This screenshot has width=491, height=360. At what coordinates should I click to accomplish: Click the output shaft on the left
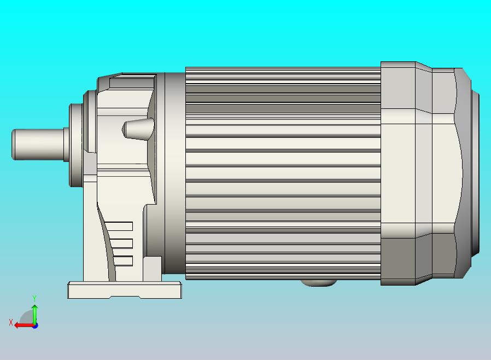(x=38, y=144)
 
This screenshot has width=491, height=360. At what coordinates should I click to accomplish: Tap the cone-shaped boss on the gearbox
(x=137, y=130)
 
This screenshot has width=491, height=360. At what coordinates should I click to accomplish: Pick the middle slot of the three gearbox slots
(x=122, y=243)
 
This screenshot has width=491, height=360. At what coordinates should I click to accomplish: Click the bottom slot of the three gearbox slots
(x=124, y=261)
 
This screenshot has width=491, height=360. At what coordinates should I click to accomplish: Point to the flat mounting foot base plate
(x=124, y=289)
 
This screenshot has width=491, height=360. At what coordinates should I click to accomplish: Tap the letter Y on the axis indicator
(x=34, y=298)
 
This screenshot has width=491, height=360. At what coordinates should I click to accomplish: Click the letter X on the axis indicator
(x=11, y=323)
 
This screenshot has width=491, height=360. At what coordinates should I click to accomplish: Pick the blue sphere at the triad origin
(x=35, y=326)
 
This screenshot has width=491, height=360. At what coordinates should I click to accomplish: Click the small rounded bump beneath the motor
(x=318, y=283)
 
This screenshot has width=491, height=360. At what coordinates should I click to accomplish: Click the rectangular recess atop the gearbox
(x=131, y=83)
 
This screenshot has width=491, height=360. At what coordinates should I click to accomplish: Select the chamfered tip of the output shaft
(x=14, y=144)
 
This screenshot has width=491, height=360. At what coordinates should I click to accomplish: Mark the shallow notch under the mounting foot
(x=125, y=297)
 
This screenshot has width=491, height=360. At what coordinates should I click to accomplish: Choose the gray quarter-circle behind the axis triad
(x=26, y=317)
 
